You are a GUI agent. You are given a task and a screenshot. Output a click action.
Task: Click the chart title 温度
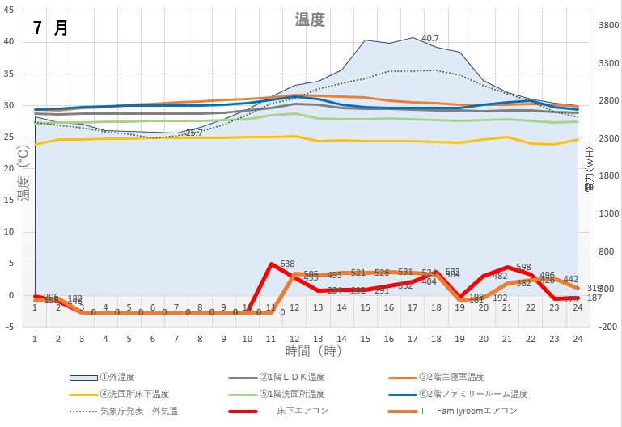click(310, 20)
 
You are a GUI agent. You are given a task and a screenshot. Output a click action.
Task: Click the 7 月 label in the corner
click(51, 27)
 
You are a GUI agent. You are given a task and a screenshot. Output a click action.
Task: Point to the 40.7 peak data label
click(430, 38)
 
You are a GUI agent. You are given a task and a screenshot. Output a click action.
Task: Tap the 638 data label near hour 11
click(287, 264)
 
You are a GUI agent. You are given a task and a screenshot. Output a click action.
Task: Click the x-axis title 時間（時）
click(309, 351)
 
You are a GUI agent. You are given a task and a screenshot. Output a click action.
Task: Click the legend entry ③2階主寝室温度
click(451, 377)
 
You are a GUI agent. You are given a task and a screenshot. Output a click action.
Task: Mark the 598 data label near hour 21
click(523, 268)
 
